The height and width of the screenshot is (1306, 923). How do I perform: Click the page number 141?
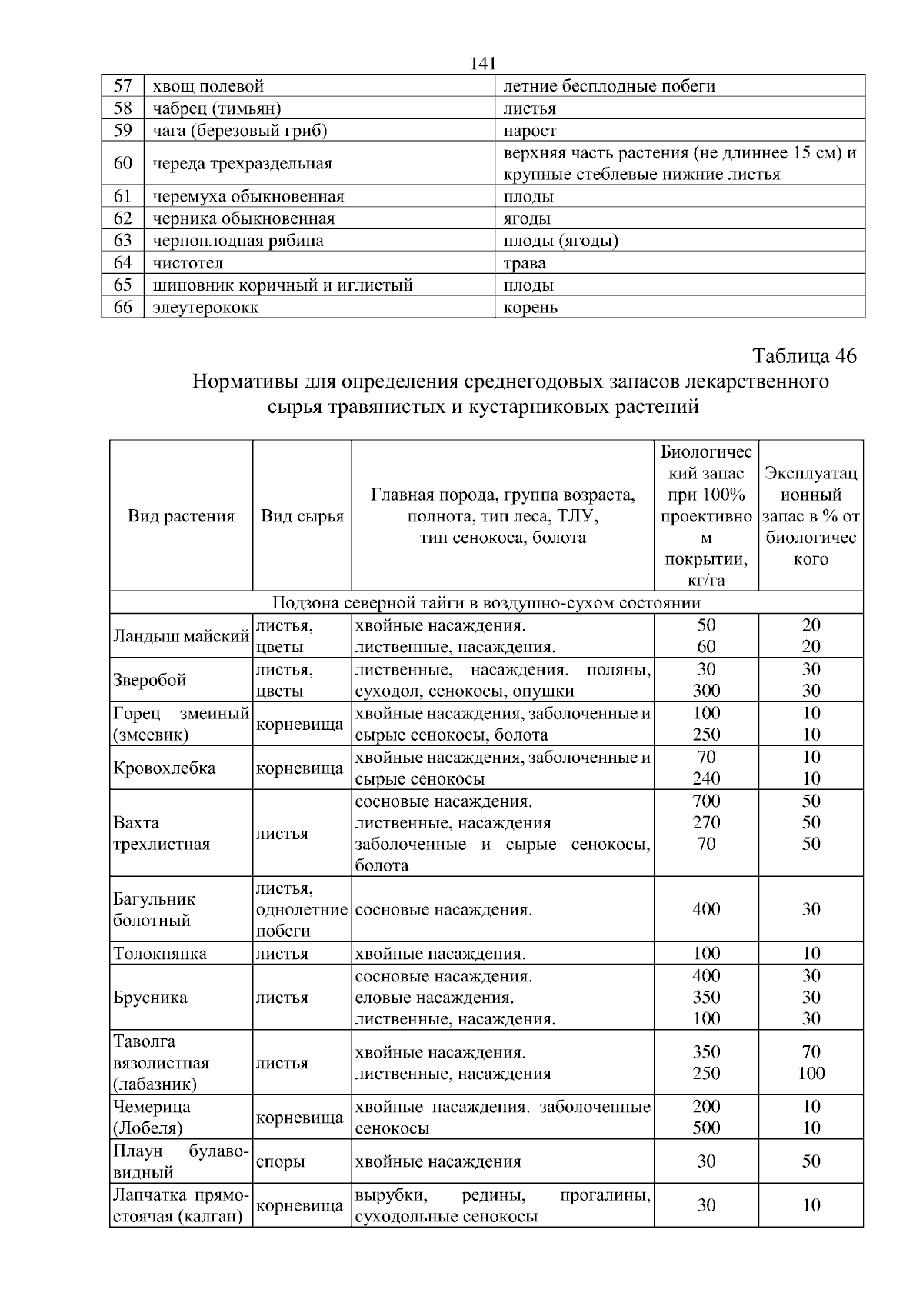click(481, 64)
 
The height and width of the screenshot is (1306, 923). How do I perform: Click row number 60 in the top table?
click(123, 164)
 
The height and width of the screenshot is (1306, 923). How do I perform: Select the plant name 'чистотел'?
click(188, 263)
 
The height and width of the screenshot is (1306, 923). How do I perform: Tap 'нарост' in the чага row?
click(530, 130)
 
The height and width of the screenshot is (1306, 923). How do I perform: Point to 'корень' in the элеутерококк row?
click(530, 308)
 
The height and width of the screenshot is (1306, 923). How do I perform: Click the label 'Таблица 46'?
click(804, 357)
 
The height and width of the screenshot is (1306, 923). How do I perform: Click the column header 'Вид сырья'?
click(302, 516)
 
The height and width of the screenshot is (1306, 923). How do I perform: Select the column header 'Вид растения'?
click(181, 516)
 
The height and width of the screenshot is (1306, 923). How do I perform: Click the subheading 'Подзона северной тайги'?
click(486, 602)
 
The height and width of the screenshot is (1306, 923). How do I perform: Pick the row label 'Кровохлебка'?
click(164, 768)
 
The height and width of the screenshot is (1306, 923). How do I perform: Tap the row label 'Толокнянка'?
click(160, 954)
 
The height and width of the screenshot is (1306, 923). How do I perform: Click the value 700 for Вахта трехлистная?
click(706, 801)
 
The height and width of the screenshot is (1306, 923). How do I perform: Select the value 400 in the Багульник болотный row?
click(706, 909)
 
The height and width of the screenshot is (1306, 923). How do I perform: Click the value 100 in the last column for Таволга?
click(811, 1073)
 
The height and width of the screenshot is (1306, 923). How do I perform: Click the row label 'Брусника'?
click(150, 998)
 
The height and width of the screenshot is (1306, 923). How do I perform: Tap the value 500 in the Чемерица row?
click(706, 1128)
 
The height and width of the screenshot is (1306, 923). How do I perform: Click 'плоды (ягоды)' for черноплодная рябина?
click(561, 241)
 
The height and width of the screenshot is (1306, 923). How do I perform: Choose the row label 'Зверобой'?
click(149, 680)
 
